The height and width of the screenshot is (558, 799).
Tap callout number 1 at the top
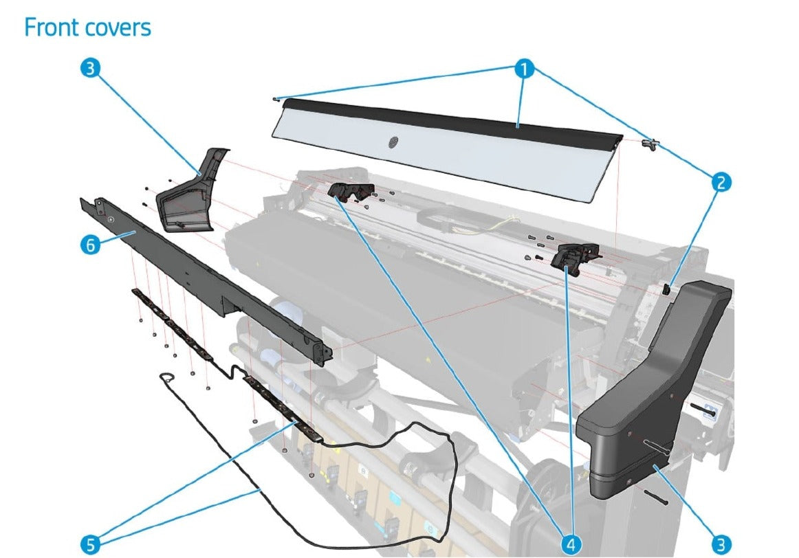525,69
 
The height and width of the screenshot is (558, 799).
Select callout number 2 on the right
721,182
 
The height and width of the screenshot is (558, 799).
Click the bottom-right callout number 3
721,545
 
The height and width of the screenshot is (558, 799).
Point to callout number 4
570,545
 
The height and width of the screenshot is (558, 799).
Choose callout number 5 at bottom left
90,545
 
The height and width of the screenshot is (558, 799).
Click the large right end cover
653,392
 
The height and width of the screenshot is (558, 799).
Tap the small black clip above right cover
666,289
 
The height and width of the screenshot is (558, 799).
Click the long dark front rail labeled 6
206,275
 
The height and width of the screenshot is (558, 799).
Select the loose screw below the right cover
657,498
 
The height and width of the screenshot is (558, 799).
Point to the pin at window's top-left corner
275,98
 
